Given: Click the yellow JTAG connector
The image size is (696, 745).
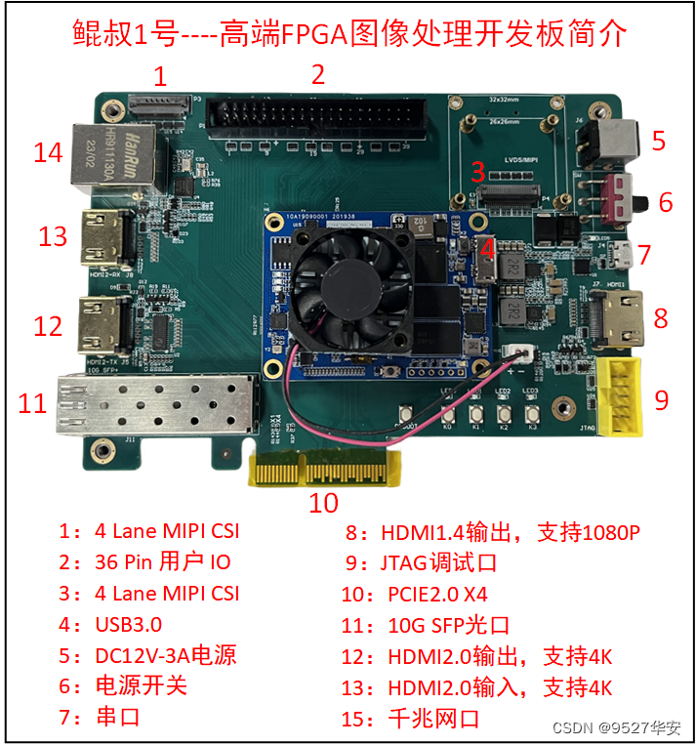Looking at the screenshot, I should tap(620, 396).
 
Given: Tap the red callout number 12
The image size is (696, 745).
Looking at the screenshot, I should tap(48, 325).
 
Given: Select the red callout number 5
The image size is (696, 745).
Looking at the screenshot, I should tap(659, 141).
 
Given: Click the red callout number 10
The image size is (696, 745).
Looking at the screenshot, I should tap(323, 502).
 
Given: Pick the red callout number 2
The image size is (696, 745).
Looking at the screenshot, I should tap(318, 74).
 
